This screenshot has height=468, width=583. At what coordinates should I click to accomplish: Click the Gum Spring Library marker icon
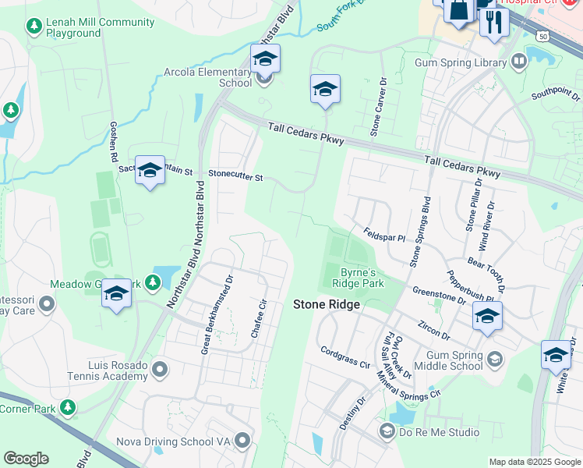pos(520,62)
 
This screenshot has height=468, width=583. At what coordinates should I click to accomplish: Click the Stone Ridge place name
pos(327,304)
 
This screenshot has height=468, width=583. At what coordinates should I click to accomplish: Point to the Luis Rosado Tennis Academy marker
pos(161,368)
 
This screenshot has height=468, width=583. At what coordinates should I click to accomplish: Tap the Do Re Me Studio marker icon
pos(387,431)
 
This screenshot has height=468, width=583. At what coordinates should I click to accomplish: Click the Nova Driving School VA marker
pos(243,441)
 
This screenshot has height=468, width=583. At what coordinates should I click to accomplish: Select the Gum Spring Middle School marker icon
pos(494,358)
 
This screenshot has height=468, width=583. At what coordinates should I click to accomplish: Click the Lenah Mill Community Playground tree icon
pos(34,27)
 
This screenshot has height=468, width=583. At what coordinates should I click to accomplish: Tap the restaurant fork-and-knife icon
pos(493,21)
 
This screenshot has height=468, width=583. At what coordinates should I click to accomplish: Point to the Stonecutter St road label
pos(235,176)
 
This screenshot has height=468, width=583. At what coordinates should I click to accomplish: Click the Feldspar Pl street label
pos(385,234)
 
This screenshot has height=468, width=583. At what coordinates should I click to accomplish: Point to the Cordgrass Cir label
pos(345,356)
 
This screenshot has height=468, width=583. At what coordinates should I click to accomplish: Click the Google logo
pos(26,459)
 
